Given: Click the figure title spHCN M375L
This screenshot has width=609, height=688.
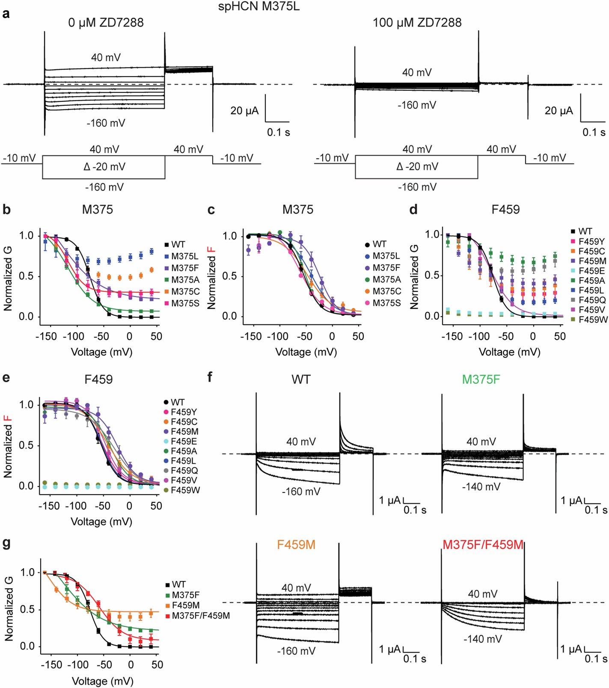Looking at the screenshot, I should click(x=258, y=6).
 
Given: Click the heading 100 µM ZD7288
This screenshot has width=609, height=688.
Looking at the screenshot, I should click(x=417, y=23).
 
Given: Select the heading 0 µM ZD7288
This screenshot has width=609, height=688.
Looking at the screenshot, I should click(x=106, y=23).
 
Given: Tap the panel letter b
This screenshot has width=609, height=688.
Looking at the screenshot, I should click(x=6, y=210).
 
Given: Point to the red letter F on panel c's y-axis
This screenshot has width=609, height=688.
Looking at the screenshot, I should click(x=211, y=250).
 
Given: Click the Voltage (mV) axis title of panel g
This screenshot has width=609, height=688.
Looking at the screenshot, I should click(x=102, y=681).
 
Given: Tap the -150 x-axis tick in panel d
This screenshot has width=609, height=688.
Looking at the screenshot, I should click(x=452, y=337).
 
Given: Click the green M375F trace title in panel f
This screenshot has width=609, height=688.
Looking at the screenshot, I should click(x=481, y=380).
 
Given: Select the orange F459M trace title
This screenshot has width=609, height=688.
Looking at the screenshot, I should click(x=296, y=545).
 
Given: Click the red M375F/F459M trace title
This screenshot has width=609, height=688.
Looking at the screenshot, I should click(x=483, y=545).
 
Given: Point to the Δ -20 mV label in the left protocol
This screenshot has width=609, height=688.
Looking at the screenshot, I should click(x=104, y=167).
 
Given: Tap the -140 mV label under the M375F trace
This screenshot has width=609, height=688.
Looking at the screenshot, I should click(x=481, y=487).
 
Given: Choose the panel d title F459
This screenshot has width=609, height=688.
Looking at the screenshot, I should click(x=505, y=210).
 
